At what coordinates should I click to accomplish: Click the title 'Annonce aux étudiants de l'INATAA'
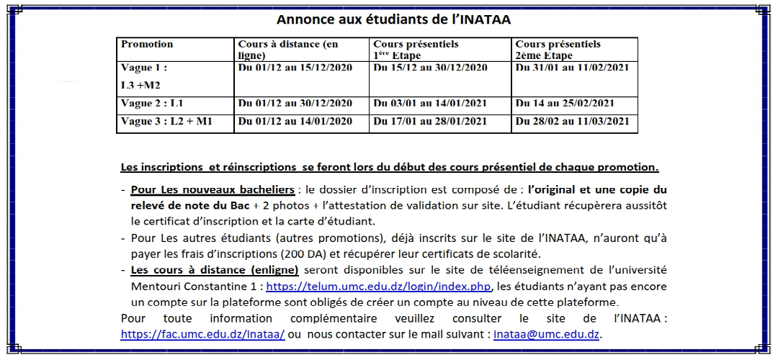coord(388,19)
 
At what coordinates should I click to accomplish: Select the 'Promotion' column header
coord(147,45)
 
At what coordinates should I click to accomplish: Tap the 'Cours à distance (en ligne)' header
coord(287,50)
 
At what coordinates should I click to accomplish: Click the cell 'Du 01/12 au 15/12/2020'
coord(295,68)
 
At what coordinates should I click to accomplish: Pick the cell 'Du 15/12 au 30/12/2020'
coord(430,68)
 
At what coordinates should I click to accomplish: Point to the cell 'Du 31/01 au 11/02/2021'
coord(572,68)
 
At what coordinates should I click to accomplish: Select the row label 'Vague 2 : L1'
coord(152,104)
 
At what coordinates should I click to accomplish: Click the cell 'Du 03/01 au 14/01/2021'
coord(430,104)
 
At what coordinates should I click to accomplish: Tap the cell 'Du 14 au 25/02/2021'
coord(565,104)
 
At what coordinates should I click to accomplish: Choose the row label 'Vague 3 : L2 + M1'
coord(166,122)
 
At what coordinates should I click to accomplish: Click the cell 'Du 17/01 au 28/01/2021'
coord(430,122)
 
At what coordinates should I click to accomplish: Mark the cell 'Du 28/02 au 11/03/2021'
coord(572,122)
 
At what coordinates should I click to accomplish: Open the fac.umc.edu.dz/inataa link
coord(202,334)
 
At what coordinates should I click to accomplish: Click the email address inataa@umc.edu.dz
coord(547,334)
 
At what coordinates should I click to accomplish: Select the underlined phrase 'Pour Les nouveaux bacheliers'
coord(213,190)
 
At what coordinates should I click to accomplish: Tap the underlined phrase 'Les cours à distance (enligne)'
coord(215,270)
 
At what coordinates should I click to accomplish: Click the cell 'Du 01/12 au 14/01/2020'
coord(295,122)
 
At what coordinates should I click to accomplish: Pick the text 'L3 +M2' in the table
coord(141,86)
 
